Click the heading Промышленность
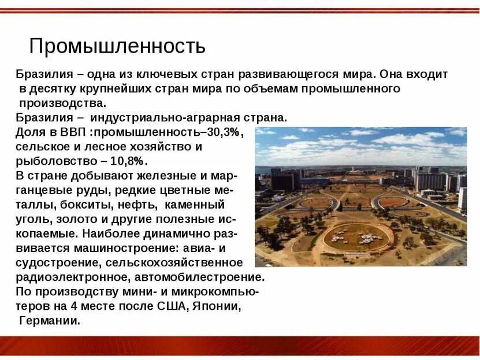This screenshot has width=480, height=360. click(117, 46)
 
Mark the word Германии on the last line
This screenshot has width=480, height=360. click(50, 320)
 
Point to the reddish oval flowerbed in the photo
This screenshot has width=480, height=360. click(393, 202)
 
